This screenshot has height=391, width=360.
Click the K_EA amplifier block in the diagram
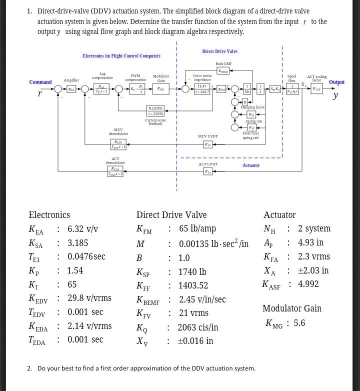pos(71,89)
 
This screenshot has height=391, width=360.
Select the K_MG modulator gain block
pos(160,89)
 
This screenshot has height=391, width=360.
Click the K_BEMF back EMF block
pos(223,71)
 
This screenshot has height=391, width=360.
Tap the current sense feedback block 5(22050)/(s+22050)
pos(155,111)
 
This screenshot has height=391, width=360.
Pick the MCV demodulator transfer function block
pos(118,144)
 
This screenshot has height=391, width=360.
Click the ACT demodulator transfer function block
pos(115,171)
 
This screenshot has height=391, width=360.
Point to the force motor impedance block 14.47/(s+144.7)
pos(202,89)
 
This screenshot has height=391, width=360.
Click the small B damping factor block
pos(245,102)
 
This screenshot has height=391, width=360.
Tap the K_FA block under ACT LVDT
pos(208,171)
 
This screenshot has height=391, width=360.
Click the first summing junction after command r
pos(58,89)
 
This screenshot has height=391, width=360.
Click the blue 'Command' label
pos(40,82)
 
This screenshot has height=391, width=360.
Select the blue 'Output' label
pos(336,82)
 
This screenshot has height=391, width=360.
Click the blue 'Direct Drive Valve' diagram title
pos(219,51)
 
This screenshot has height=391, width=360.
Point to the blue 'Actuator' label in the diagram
pos(251,165)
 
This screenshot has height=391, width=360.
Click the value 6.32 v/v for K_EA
pos(82,229)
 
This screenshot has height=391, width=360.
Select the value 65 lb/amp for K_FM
pos(197,228)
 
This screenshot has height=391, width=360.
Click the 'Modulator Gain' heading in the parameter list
pos(292,308)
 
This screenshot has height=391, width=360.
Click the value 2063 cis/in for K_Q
pos(198,327)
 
